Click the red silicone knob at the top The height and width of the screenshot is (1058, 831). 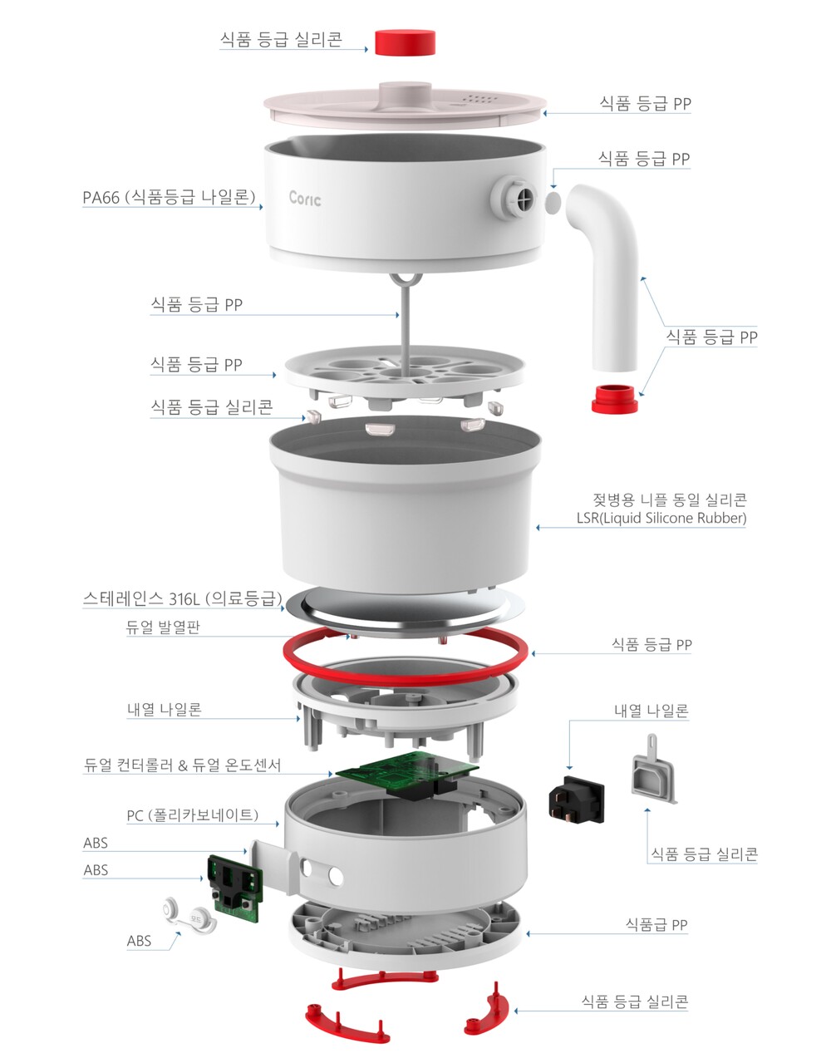pos(405,42)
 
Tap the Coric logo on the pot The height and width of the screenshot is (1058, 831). pos(305,198)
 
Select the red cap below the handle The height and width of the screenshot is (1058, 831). pos(614,398)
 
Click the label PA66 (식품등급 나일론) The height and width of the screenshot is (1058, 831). pos(169,197)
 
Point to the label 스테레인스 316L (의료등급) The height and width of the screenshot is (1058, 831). pos(183,598)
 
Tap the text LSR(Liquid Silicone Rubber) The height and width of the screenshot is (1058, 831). pos(661,518)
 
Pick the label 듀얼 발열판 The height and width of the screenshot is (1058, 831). pos(163,627)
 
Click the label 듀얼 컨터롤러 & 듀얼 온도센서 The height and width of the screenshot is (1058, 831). pos(182,765)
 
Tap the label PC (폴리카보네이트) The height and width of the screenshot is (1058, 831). pos(192,814)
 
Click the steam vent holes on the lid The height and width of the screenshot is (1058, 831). pos(479,100)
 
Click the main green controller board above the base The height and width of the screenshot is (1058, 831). pos(407,770)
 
